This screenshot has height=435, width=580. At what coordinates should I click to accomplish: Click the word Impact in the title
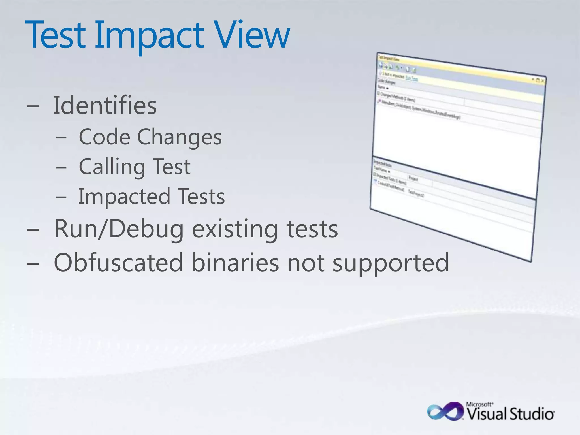point(149,35)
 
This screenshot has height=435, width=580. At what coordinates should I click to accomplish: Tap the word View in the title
point(251,35)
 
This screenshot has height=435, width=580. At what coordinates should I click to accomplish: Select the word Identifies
point(105,105)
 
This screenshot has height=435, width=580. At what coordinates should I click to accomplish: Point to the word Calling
point(112,167)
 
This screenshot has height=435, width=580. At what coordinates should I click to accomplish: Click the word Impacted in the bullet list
point(124,197)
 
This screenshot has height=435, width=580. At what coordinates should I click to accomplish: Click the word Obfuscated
point(118,263)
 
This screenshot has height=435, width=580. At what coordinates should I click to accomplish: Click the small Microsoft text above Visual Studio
point(480,404)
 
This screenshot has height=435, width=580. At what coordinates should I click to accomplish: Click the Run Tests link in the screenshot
point(411,78)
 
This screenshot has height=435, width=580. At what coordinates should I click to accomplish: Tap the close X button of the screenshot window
point(542,81)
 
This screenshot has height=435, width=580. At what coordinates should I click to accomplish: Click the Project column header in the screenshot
point(413,179)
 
